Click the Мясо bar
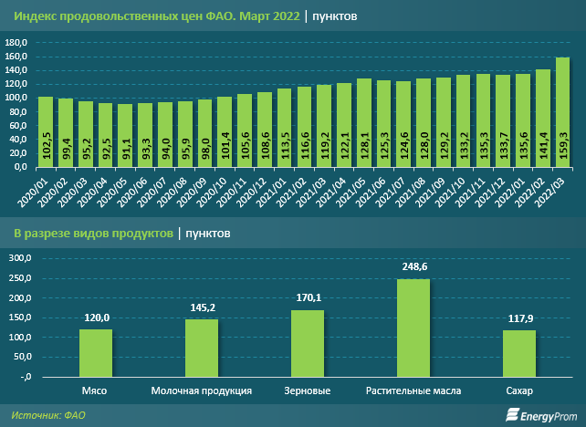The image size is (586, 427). tap(95, 352)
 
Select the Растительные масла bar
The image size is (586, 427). tap(413, 327)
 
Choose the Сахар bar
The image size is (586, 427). tap(519, 352)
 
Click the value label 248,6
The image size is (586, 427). tap(413, 267)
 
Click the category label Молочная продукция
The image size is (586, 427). tap(201, 391)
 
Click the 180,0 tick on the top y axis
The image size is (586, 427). tap(17, 43)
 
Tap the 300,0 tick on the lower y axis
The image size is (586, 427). tap(17, 258)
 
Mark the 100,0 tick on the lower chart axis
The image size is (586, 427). tap(17, 338)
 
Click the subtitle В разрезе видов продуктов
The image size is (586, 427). tap(92, 234)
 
